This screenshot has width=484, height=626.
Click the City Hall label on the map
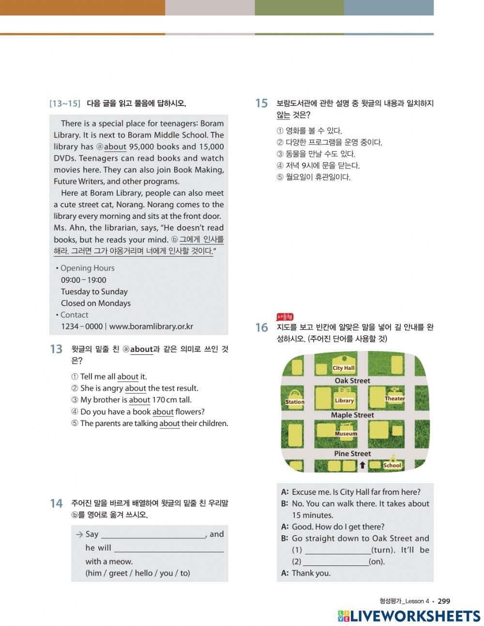pyautogui.click(x=343, y=368)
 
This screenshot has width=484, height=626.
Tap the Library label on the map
pyautogui.click(x=344, y=400)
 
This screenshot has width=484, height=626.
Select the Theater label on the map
pyautogui.click(x=394, y=398)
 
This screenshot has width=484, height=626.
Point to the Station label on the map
pyautogui.click(x=295, y=402)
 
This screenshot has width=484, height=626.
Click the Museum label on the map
pyautogui.click(x=346, y=434)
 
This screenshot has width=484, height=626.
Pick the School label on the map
pyautogui.click(x=392, y=465)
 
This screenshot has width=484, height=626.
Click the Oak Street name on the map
pyautogui.click(x=352, y=381)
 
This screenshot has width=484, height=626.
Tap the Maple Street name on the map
pyautogui.click(x=352, y=415)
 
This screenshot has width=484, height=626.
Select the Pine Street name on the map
pyautogui.click(x=352, y=454)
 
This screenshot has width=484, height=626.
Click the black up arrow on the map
pyautogui.click(x=362, y=465)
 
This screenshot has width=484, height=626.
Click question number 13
pyautogui.click(x=56, y=349)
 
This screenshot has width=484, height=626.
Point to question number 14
pyautogui.click(x=56, y=504)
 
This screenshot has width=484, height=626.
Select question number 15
pyautogui.click(x=261, y=103)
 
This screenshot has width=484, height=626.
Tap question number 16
pyautogui.click(x=261, y=328)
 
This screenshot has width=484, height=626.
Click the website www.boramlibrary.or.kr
pyautogui.click(x=151, y=326)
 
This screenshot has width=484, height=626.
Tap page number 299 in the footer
pyautogui.click(x=443, y=601)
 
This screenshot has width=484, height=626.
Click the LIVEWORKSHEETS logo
pyautogui.click(x=409, y=616)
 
